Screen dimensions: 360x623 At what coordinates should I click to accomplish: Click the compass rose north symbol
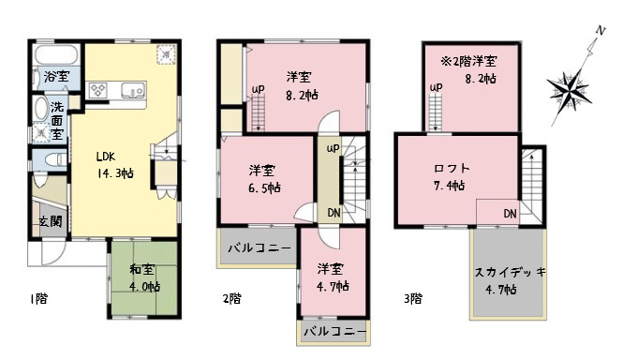point(570,90)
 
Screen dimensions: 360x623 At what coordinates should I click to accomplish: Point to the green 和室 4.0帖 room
point(144,278)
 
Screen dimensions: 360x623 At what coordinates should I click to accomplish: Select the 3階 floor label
point(412,299)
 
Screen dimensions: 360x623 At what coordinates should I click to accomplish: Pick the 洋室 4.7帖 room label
point(332,276)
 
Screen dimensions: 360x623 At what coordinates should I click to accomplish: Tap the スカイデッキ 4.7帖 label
point(511,278)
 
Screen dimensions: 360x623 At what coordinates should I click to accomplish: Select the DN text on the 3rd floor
point(510,215)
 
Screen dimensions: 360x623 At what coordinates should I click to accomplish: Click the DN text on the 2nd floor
point(333,213)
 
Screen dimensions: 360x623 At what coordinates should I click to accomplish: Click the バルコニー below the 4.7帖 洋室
point(334,331)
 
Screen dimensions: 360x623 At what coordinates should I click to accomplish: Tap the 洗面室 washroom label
point(57,119)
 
